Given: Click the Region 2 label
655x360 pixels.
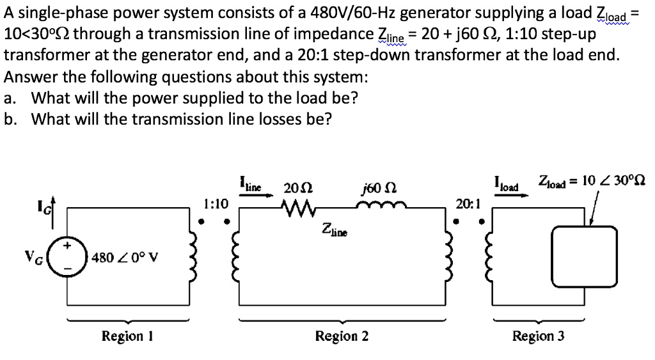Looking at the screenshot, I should click(342, 336).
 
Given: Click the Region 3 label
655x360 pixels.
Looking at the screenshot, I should click(538, 336).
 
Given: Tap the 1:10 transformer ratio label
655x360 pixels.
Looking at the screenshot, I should click(216, 204).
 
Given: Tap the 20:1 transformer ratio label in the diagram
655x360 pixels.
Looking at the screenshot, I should click(468, 204).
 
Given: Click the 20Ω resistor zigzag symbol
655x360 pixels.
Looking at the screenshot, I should click(296, 207).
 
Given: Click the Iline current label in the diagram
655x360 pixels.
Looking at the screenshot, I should click(249, 184).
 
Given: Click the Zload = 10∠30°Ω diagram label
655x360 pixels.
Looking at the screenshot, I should click(591, 181).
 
